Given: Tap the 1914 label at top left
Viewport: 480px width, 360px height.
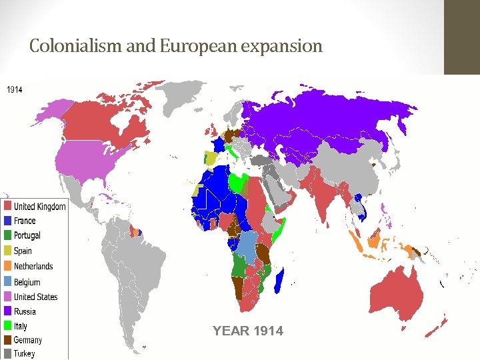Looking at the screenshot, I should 14,89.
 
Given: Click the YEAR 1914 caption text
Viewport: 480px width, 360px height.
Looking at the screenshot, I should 247,331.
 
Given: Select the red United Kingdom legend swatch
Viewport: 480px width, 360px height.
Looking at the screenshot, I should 7,206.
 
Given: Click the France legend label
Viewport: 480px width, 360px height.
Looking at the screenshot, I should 25,221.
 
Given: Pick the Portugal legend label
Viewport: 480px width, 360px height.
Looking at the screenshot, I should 27,235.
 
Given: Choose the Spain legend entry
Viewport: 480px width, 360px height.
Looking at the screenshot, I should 23,251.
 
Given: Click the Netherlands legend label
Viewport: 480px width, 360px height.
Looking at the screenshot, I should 33,266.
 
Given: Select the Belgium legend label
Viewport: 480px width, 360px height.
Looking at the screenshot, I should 27,282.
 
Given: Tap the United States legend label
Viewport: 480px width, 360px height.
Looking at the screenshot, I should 35,297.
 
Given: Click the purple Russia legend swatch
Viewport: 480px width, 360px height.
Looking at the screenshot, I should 7,311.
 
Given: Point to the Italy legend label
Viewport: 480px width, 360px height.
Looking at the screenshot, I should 21,326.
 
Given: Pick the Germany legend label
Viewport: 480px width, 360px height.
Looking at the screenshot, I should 27,340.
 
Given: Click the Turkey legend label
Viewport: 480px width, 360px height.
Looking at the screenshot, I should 24,354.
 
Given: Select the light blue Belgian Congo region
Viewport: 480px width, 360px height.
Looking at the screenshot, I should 247,246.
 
